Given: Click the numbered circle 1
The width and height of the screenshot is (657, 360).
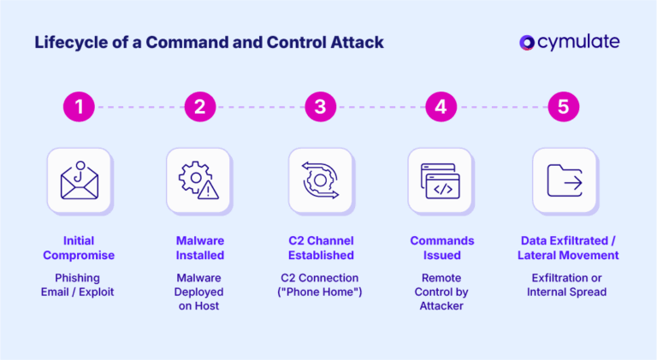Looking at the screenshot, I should [80, 107].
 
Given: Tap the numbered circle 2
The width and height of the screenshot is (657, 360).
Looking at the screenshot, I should [199, 107].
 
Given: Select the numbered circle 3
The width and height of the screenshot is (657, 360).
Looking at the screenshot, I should [320, 107].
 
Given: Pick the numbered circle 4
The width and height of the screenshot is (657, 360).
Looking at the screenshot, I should [441, 107].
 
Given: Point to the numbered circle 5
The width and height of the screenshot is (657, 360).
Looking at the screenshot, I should [562, 107].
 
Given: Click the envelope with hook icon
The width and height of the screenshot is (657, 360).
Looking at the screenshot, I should [80, 180].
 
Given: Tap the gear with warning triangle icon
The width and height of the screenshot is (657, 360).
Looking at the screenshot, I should [199, 180].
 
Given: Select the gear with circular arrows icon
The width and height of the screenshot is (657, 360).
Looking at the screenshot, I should [320, 180].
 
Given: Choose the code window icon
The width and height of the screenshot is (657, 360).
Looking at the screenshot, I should [441, 180].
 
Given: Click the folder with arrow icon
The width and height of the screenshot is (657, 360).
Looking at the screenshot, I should [564, 180].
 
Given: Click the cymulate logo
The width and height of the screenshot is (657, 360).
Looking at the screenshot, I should [569, 42].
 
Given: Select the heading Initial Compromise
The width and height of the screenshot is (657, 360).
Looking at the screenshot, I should [80, 247].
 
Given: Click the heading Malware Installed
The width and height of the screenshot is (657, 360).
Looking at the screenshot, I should [199, 247].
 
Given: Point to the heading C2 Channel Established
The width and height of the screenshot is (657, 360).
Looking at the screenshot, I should [320, 247].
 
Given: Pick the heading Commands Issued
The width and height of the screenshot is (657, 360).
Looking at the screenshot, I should [441, 247].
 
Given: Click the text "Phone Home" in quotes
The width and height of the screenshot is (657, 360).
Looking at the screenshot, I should [320, 292].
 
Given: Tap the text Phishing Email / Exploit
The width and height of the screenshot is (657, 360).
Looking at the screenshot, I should [80, 285].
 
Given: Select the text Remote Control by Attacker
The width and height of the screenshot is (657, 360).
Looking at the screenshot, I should [441, 292].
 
